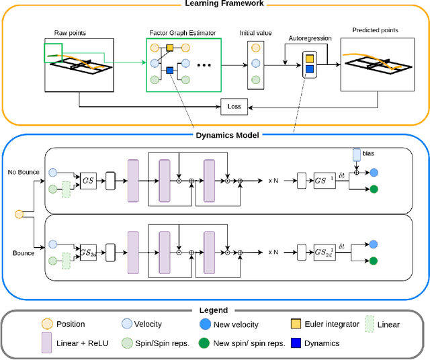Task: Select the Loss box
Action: coord(234,105)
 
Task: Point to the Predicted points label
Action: coord(375,30)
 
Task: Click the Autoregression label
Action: coord(310,38)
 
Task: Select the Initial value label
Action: coord(255,32)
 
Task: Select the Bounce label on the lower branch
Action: coord(23,253)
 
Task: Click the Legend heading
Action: coord(214,310)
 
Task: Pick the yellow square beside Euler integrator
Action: coord(295,324)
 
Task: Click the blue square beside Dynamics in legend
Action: coord(295,343)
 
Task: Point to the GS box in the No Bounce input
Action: coord(88,181)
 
